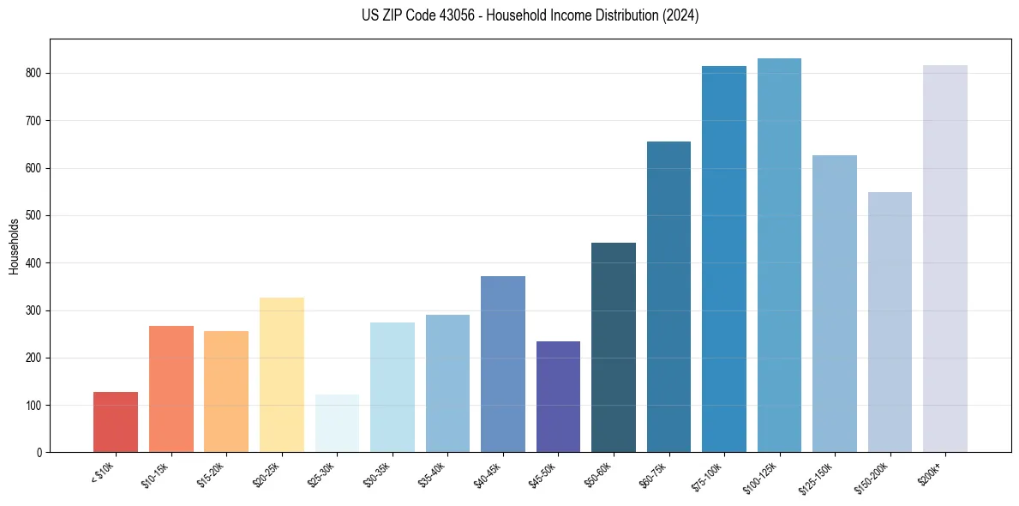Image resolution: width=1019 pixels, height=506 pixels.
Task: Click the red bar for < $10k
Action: click(x=116, y=422)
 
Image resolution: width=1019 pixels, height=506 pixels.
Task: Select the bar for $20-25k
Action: click(x=281, y=375)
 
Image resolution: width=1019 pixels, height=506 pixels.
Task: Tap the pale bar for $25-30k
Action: click(x=337, y=424)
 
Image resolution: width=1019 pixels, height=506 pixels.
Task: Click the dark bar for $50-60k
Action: click(x=614, y=347)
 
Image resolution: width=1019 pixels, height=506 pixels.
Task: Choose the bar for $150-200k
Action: click(x=890, y=322)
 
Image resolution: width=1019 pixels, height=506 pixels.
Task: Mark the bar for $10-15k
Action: click(x=171, y=389)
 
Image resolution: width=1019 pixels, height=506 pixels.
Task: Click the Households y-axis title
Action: click(x=15, y=246)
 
